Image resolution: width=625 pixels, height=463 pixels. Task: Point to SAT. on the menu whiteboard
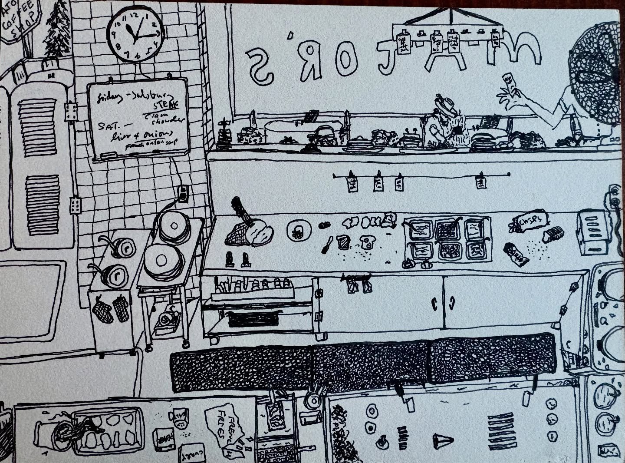[x=107, y=126]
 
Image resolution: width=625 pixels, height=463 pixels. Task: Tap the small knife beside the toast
[x=326, y=246]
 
